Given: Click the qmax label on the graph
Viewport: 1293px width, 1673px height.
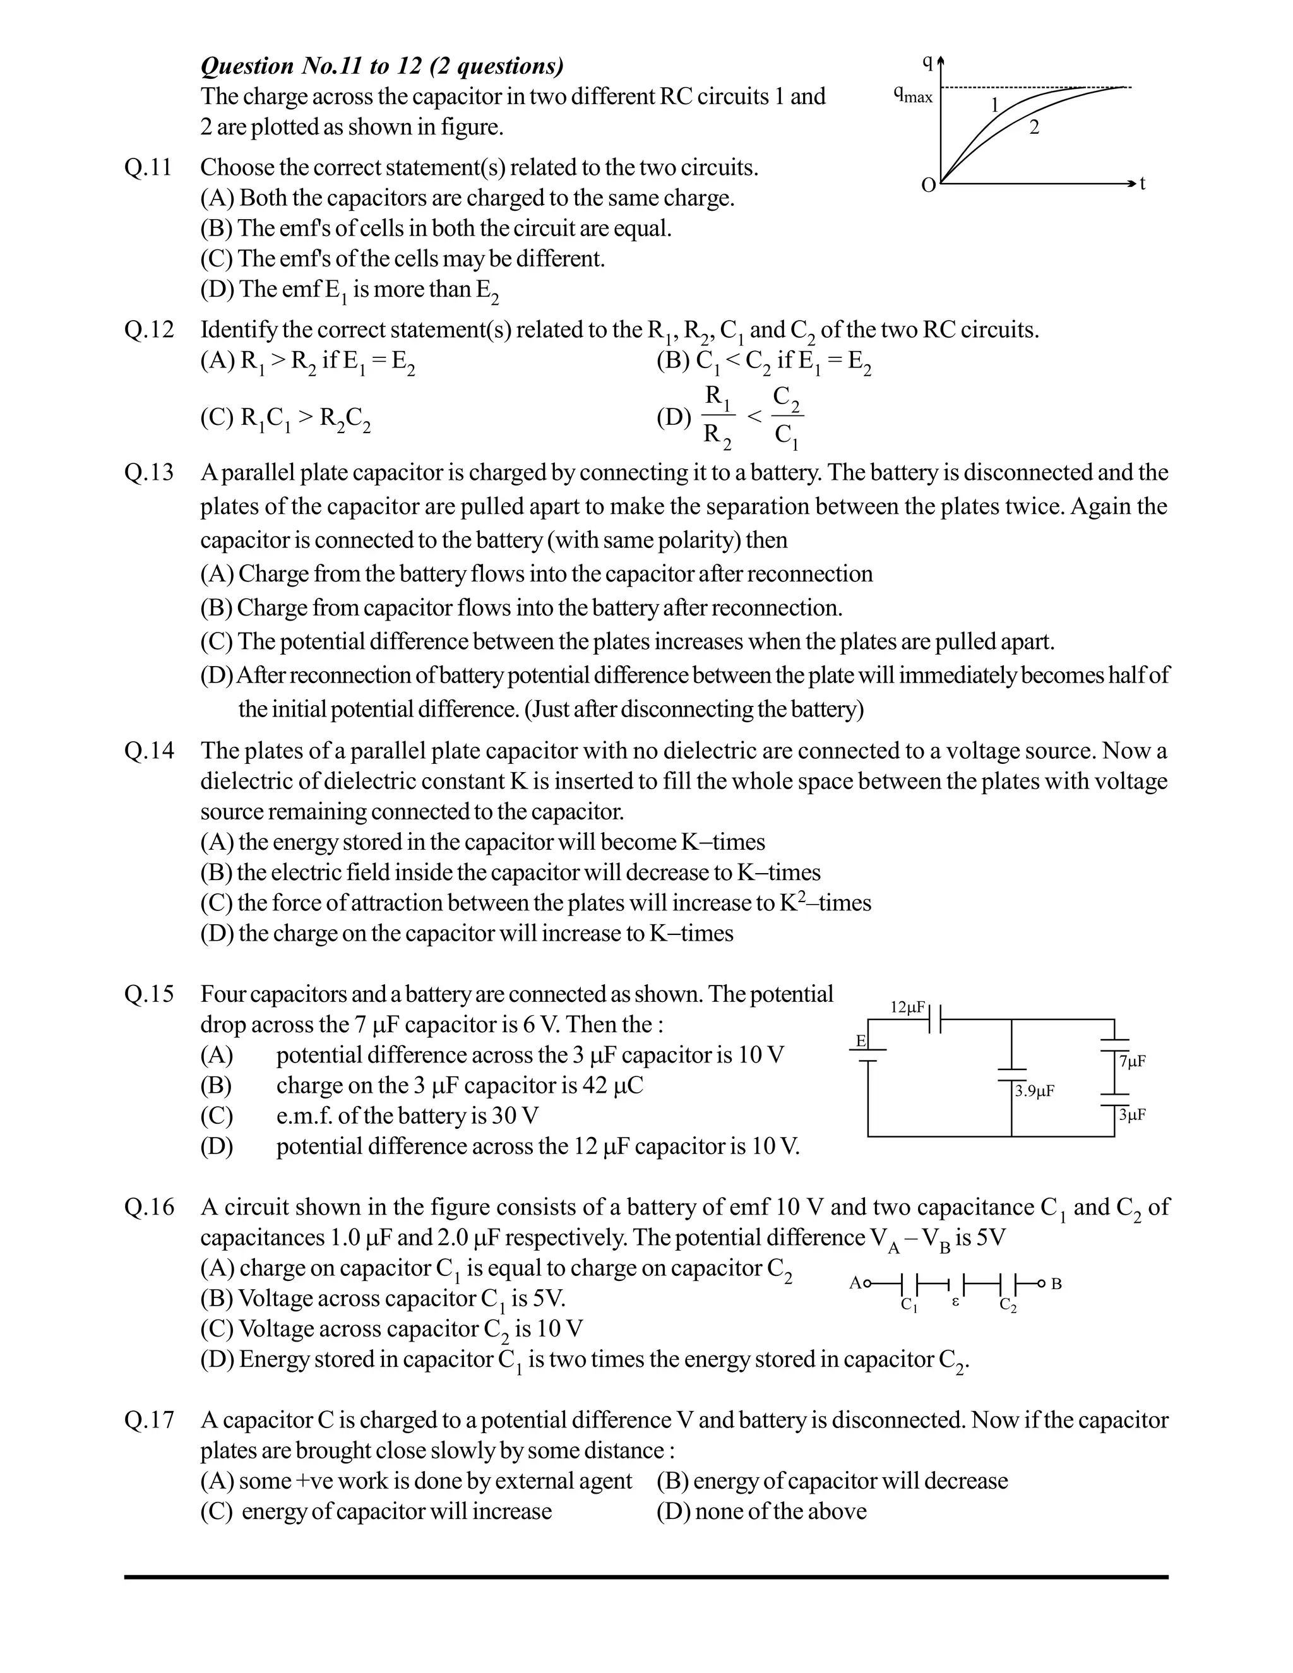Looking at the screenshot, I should pyautogui.click(x=913, y=96).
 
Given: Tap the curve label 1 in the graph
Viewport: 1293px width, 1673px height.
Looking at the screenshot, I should pyautogui.click(x=995, y=105).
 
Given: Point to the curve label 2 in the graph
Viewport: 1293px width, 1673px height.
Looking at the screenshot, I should pyautogui.click(x=1034, y=128).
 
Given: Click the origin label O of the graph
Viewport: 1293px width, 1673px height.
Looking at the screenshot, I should pyautogui.click(x=927, y=186).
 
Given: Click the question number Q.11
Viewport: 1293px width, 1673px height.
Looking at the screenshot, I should pyautogui.click(x=148, y=168).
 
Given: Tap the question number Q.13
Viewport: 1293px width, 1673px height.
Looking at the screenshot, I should pyautogui.click(x=148, y=473).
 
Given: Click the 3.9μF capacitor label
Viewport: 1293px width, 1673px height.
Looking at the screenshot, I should pyautogui.click(x=1034, y=1091).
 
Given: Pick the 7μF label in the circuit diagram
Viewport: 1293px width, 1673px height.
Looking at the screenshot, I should pyautogui.click(x=1131, y=1061).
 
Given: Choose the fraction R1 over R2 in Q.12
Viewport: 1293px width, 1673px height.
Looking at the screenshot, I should pyautogui.click(x=718, y=417).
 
